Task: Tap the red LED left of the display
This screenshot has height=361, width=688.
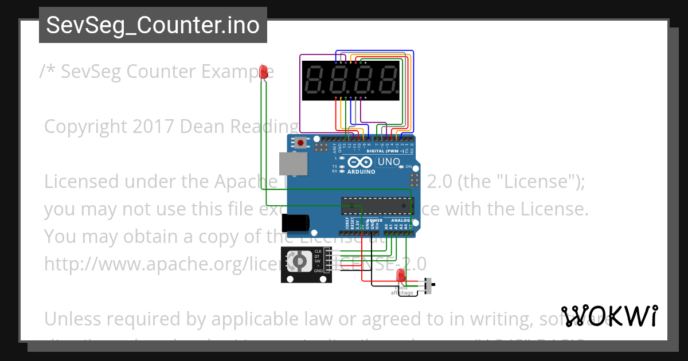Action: coord(264,72)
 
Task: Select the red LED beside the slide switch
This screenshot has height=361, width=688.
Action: coord(401,276)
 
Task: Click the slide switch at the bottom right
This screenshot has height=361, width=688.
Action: coord(429,285)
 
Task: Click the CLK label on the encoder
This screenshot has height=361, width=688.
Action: coord(318,252)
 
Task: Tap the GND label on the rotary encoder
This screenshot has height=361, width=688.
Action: coord(318,270)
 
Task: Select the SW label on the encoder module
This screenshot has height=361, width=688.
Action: coord(317,261)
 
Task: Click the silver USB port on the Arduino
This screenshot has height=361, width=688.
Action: coord(292,163)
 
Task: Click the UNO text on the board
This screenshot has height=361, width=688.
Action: coord(389,162)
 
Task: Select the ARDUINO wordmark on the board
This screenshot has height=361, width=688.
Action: coord(361,171)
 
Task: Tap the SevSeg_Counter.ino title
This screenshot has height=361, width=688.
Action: coord(153,26)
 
